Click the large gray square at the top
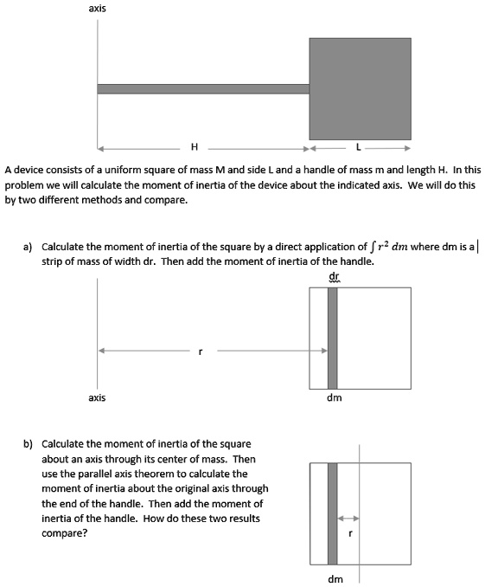360,88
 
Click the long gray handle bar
203,88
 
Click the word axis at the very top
97,9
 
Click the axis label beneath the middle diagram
97,397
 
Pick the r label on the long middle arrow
201,352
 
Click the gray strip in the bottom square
333,513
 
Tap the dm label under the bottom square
335,578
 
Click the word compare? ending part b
63,533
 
